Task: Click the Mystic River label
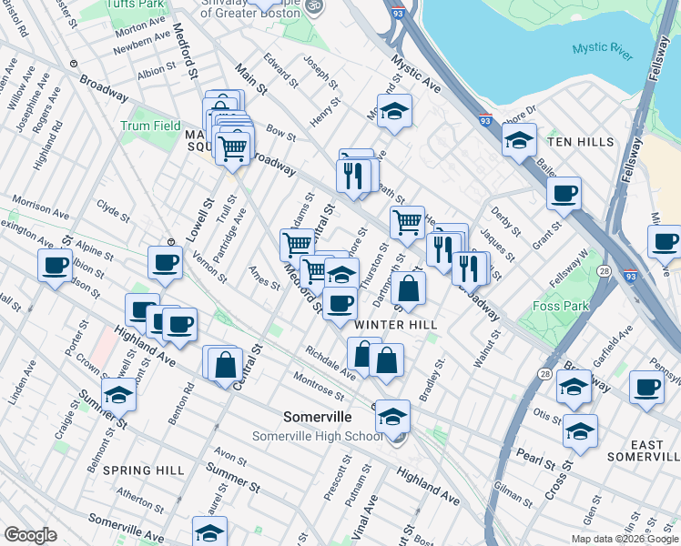click(602, 52)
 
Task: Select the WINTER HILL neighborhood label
click(396, 325)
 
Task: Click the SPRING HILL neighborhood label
click(144, 470)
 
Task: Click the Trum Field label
click(150, 126)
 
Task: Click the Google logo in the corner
click(30, 535)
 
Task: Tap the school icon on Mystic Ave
click(393, 113)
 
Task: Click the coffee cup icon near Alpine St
click(55, 266)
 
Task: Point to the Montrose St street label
click(318, 385)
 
